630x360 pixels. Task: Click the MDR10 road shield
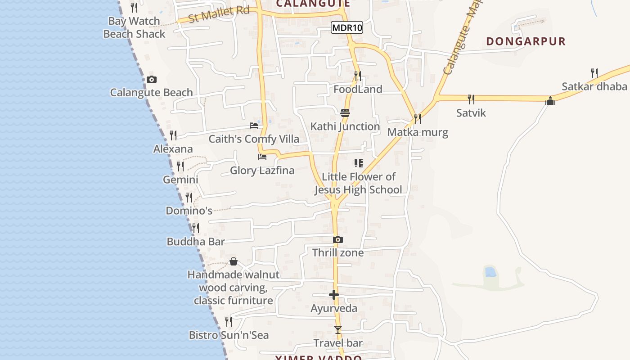pyautogui.click(x=346, y=28)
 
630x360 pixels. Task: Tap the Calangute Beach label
pyautogui.click(x=151, y=93)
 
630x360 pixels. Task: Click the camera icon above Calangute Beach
pyautogui.click(x=152, y=80)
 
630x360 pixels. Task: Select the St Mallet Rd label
pyautogui.click(x=219, y=14)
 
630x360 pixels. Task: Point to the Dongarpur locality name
pyautogui.click(x=526, y=41)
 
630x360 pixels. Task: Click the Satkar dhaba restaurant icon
pyautogui.click(x=594, y=73)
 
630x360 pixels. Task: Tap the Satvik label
pyautogui.click(x=471, y=112)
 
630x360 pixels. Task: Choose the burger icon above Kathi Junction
pyautogui.click(x=345, y=113)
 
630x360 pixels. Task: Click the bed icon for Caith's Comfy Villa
pyautogui.click(x=254, y=126)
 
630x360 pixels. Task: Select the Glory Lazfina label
pyautogui.click(x=262, y=171)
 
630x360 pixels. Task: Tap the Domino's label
pyautogui.click(x=189, y=211)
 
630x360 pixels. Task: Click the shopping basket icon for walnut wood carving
pyautogui.click(x=234, y=261)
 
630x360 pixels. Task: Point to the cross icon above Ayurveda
pyautogui.click(x=334, y=295)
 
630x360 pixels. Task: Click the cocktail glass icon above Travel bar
pyautogui.click(x=338, y=330)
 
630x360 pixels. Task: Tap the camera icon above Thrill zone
pyautogui.click(x=338, y=240)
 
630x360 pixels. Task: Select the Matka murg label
pyautogui.click(x=418, y=132)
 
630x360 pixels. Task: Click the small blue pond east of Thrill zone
pyautogui.click(x=490, y=272)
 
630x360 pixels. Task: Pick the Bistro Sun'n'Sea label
pyautogui.click(x=229, y=335)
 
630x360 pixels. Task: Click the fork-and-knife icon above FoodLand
pyautogui.click(x=358, y=76)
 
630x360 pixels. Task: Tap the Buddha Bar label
pyautogui.click(x=195, y=242)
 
